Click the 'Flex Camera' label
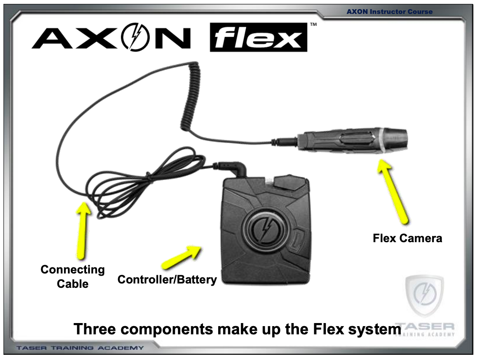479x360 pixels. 407,238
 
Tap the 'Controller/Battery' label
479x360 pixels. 167,280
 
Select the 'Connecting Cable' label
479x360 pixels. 73,277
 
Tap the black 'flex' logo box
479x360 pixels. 258,38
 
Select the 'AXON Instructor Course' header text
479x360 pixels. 389,12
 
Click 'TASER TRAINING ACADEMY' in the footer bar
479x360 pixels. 80,348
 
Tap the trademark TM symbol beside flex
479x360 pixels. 313,25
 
